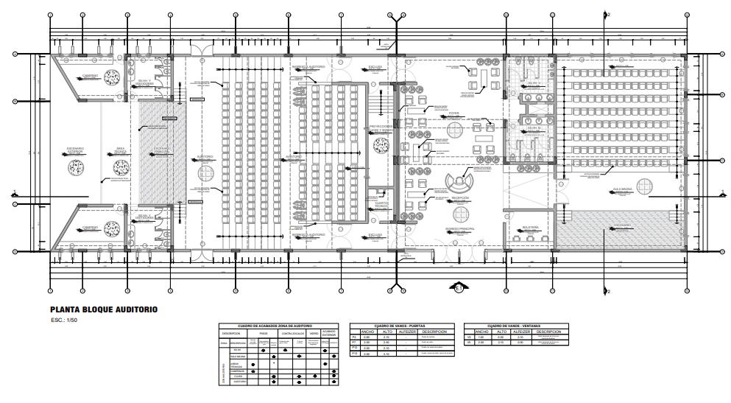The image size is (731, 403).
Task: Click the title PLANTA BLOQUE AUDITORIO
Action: [104, 310]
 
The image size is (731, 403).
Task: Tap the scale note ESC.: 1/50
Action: [66, 321]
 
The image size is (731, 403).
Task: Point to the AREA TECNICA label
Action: [119, 150]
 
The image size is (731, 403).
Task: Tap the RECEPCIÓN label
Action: [461, 197]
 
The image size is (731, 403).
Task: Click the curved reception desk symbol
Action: [461, 180]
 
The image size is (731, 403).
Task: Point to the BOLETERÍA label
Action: [531, 228]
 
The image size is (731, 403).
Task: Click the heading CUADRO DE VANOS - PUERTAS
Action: [401, 325]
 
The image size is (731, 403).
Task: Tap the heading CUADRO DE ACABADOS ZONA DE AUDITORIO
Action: [280, 325]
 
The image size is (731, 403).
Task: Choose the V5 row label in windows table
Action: [470, 343]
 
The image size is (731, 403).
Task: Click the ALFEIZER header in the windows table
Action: [520, 332]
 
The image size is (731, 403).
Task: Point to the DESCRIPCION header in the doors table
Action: [434, 332]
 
